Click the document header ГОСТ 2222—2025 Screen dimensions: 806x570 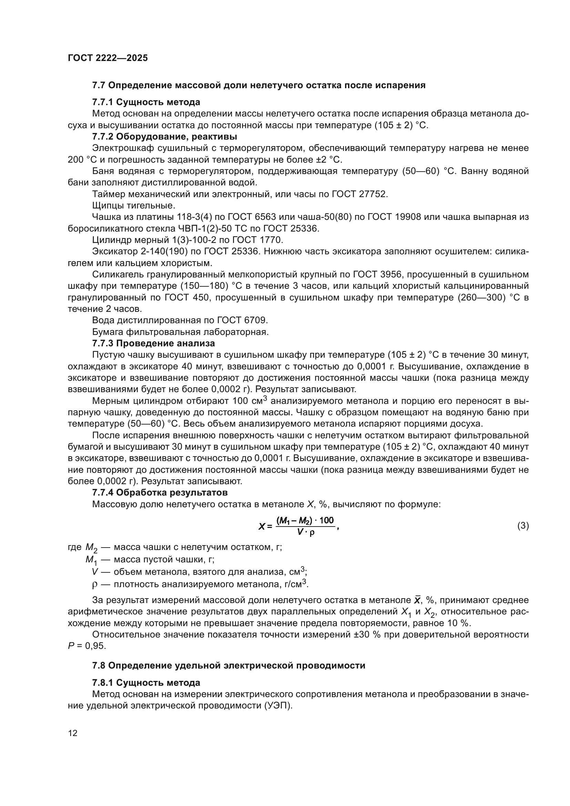pos(108,58)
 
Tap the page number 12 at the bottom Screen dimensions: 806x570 pos(73,733)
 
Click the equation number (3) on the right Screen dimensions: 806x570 pos(523,526)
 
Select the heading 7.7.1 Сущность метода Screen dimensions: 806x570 pos(146,102)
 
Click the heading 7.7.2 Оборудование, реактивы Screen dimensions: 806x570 pos(164,136)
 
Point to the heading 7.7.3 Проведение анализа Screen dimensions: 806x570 pos(153,343)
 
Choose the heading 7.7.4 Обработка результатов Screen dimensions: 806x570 pos(160,492)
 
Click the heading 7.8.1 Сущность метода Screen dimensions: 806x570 pos(146,682)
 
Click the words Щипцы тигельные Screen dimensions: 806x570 pos(133,205)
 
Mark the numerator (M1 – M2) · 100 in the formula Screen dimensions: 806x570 pos(305,520)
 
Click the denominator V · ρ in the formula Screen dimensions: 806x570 pos(305,532)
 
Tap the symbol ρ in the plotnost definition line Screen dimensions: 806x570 pos(94,584)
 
